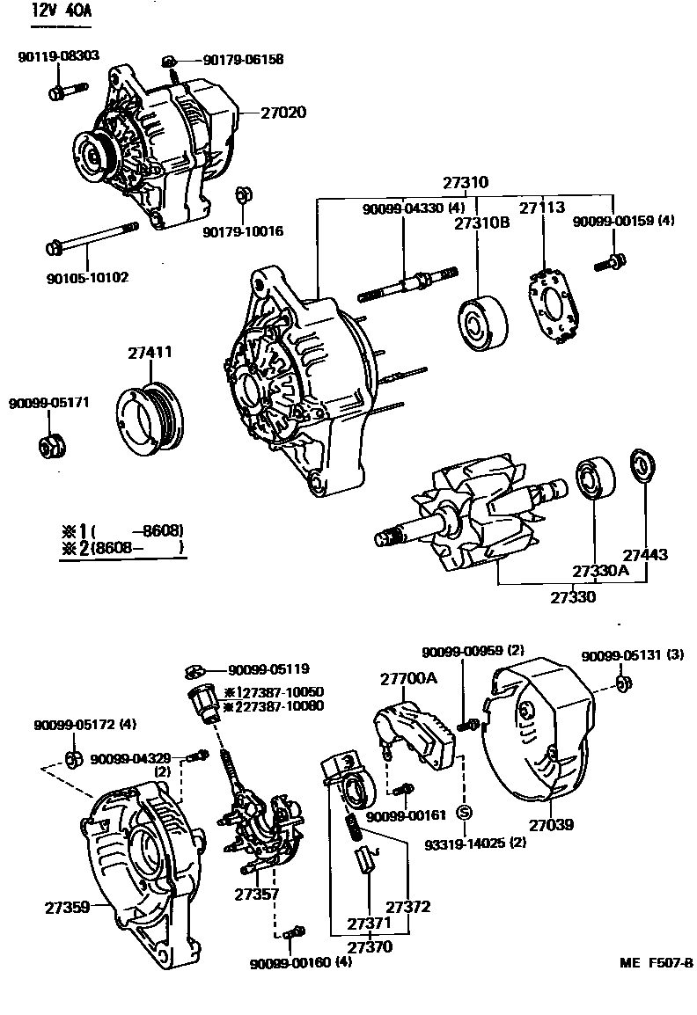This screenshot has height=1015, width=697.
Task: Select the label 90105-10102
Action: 86,277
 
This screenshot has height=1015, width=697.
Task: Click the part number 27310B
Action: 481,223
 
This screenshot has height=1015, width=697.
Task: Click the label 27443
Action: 646,555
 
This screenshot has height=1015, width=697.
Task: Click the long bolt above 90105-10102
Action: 92,238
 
